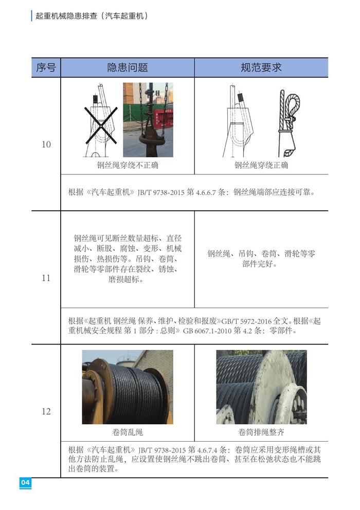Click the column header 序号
pyautogui.click(x=46, y=68)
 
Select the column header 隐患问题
pyautogui.click(x=128, y=68)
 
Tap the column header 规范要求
pyautogui.click(x=261, y=68)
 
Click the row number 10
pyautogui.click(x=46, y=144)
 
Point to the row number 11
pyautogui.click(x=46, y=278)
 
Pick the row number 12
pyautogui.click(x=46, y=411)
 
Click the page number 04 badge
pyautogui.click(x=25, y=482)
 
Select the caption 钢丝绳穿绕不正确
pyautogui.click(x=128, y=165)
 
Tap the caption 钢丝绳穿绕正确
pyautogui.click(x=261, y=165)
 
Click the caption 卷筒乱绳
pyautogui.click(x=128, y=432)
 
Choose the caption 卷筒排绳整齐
pyautogui.click(x=261, y=432)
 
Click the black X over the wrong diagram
pyautogui.click(x=101, y=125)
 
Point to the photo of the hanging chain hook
pyautogui.click(x=148, y=120)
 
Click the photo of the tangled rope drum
pyautogui.click(x=128, y=387)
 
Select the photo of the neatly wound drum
pyautogui.click(x=261, y=387)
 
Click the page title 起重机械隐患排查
pyautogui.click(x=66, y=16)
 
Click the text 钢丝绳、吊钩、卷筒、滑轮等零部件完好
pyautogui.click(x=261, y=259)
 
